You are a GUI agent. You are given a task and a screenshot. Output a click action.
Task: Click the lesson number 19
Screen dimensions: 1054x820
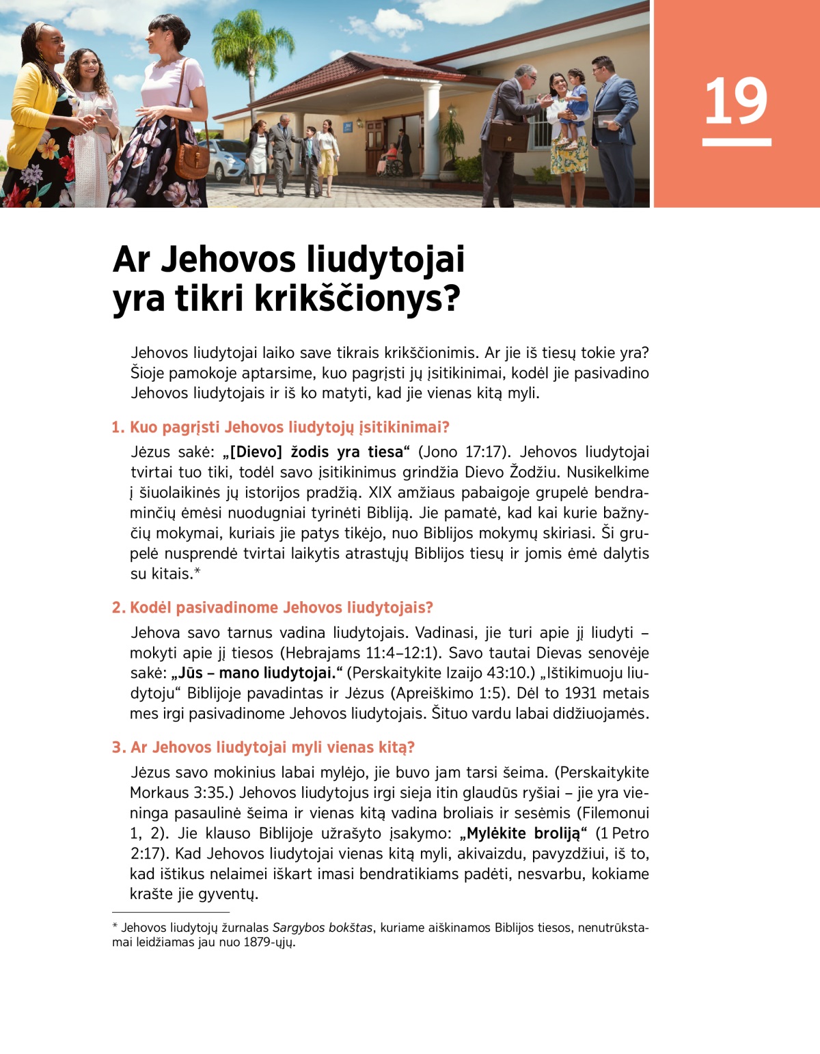(x=736, y=102)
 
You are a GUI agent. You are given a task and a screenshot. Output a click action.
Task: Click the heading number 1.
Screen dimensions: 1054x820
(x=118, y=428)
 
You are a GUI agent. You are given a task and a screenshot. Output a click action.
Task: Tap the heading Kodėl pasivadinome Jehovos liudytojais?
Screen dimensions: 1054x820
(x=281, y=608)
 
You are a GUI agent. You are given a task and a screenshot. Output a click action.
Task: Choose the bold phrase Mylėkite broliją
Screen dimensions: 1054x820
(x=523, y=833)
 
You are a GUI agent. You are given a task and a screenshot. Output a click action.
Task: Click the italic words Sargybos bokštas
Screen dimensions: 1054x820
(x=323, y=928)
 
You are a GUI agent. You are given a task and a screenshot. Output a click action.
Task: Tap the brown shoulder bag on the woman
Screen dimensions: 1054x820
(x=192, y=158)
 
